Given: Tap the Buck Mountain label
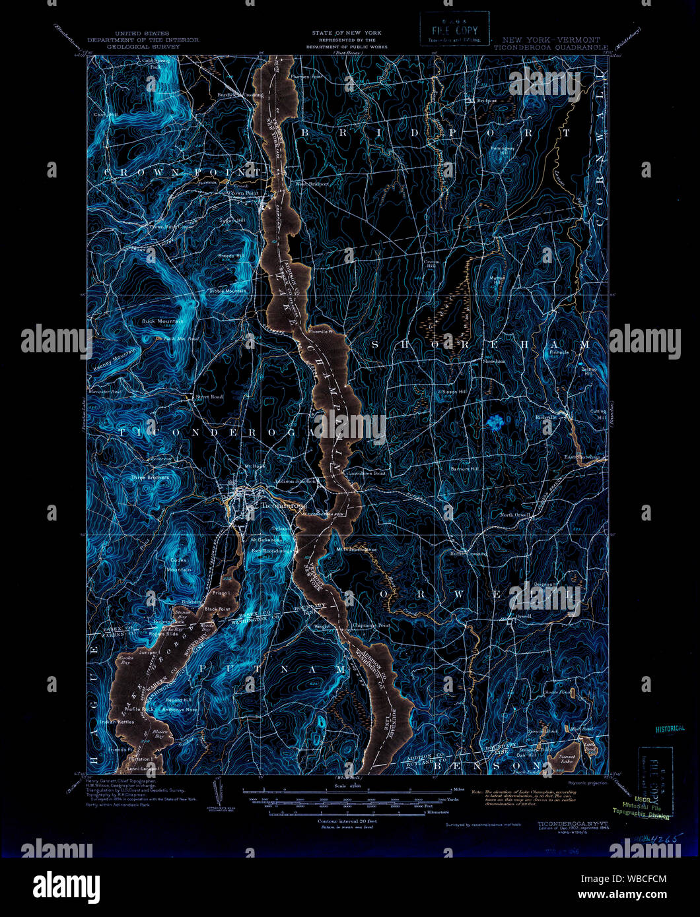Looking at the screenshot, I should (161, 321).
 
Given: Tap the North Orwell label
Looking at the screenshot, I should (514, 515).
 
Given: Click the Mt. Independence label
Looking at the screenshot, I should (356, 549).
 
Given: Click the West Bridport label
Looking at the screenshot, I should (312, 183).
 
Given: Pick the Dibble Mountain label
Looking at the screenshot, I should (227, 290).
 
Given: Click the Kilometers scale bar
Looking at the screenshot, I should (350, 813).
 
